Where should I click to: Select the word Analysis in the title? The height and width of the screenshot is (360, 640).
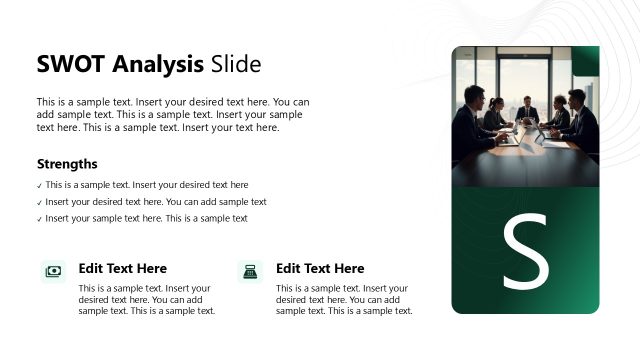click(x=156, y=65)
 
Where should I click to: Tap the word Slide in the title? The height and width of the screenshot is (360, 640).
click(x=236, y=65)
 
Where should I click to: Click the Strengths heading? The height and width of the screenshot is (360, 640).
click(x=67, y=164)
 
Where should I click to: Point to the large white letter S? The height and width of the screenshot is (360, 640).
click(x=525, y=253)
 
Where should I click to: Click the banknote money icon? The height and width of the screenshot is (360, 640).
click(x=53, y=271)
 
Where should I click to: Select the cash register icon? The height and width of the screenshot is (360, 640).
click(x=250, y=271)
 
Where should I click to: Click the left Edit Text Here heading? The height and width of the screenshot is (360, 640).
click(x=122, y=269)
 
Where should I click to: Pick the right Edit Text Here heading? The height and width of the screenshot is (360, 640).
click(x=320, y=269)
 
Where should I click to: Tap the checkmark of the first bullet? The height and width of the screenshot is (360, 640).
click(x=39, y=186)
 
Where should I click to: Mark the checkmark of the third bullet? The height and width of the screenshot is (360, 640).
click(x=39, y=219)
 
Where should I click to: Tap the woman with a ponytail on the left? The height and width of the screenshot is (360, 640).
click(x=495, y=117)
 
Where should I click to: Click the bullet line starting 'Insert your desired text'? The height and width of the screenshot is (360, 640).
click(x=155, y=202)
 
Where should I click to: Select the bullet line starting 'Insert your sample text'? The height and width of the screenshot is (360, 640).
click(x=146, y=218)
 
